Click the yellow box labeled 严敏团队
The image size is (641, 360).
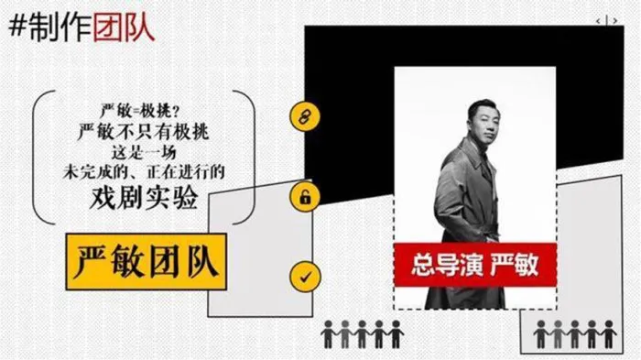click(147, 262)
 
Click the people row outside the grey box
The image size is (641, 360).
click(363, 334)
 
